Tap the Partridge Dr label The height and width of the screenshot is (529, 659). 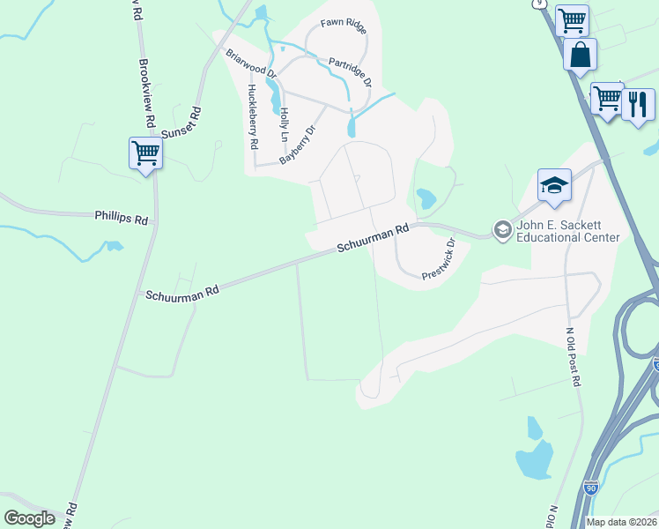(x=351, y=73)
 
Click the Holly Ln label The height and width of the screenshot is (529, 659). (x=284, y=124)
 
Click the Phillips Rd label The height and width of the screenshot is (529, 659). (x=122, y=217)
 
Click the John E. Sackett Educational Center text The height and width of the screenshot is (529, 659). (x=568, y=232)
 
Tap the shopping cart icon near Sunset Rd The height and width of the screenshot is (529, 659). (x=145, y=153)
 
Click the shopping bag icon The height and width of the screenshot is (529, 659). (x=581, y=55)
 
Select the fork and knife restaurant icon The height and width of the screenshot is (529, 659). (x=638, y=103)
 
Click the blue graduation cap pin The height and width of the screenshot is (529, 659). (x=554, y=185)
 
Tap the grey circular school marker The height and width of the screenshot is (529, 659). (x=502, y=231)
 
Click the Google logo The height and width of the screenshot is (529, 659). (x=30, y=518)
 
